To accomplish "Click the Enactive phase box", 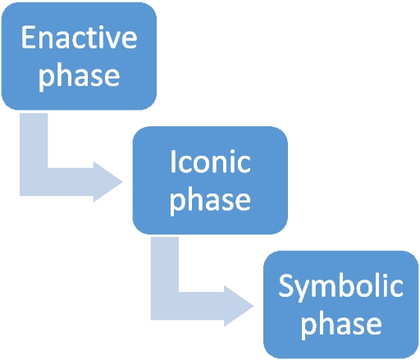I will click(79, 56).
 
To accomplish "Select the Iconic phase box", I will click(210, 180).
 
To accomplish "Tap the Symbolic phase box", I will click(340, 304).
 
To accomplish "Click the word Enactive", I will click(79, 39).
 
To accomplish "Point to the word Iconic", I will click(210, 162).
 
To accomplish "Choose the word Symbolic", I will click(340, 287).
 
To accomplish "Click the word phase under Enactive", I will click(79, 75).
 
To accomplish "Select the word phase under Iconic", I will click(210, 199).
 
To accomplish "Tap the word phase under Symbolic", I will click(340, 323).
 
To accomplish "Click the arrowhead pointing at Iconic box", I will click(107, 180).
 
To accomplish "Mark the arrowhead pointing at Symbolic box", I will click(239, 304).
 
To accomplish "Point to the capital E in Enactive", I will click(29, 39).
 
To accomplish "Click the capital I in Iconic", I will click(173, 162).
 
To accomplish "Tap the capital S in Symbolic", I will click(285, 287).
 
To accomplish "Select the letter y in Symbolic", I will click(303, 290).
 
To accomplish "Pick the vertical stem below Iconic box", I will click(165, 262).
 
